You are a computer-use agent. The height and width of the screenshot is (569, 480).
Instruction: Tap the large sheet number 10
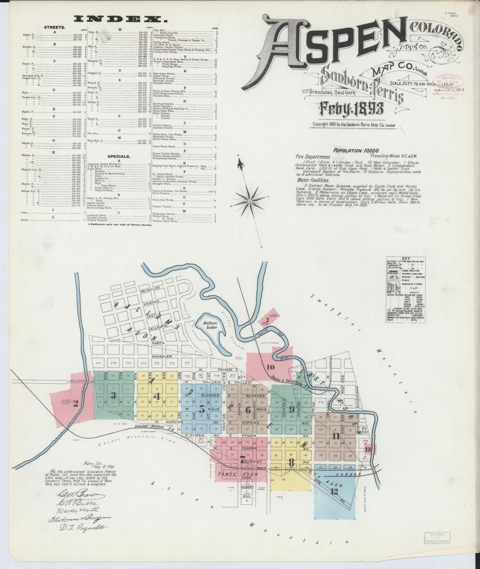pyautogui.click(x=270, y=367)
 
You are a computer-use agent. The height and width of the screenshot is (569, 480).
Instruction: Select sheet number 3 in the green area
pyautogui.click(x=113, y=395)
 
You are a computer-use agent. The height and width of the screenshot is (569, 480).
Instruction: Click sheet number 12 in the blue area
pyautogui.click(x=334, y=492)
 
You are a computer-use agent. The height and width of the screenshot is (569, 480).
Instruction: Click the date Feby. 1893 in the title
pyautogui.click(x=352, y=108)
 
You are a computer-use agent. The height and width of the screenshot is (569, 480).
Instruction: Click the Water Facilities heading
pyautogui.click(x=313, y=180)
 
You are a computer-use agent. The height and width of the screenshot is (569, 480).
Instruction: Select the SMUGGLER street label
pyautogui.click(x=162, y=356)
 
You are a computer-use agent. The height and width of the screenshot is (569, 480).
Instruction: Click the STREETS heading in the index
pyautogui.click(x=54, y=28)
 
